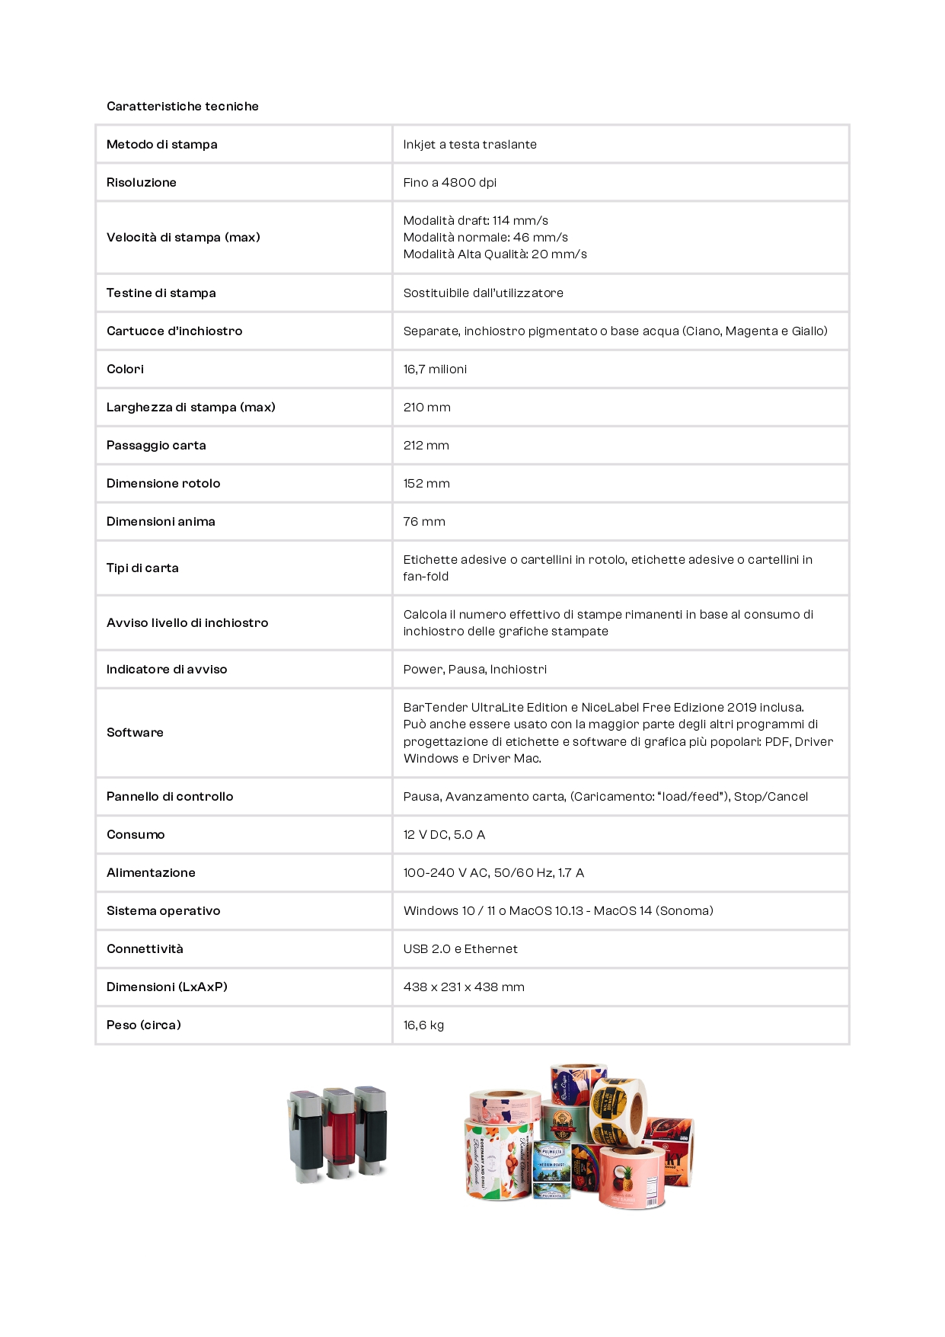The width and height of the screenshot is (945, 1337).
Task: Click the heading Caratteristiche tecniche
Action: [x=182, y=106]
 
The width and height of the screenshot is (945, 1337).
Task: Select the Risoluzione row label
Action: [x=142, y=182]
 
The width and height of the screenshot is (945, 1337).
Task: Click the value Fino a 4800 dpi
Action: [x=449, y=182]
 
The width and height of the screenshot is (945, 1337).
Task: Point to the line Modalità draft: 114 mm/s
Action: [x=475, y=220]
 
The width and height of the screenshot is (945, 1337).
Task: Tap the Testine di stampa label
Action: [x=161, y=293]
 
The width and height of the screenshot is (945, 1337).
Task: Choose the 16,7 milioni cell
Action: [x=435, y=369]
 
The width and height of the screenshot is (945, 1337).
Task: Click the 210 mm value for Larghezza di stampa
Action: [x=426, y=407]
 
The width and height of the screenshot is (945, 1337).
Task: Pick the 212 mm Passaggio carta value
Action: [x=426, y=445]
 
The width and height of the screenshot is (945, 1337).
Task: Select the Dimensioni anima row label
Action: [x=161, y=521]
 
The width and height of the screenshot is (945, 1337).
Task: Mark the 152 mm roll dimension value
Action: [x=426, y=483]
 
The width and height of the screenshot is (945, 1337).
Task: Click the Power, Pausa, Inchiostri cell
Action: [x=474, y=669]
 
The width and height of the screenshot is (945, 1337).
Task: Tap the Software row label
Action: [x=135, y=732]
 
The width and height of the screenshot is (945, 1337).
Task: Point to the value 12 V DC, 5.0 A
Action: [x=444, y=834]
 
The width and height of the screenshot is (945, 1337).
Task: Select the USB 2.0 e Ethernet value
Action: [x=460, y=948]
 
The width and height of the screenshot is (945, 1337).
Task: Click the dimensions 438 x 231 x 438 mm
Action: [x=464, y=987]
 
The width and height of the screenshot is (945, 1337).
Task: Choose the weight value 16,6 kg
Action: [x=423, y=1025]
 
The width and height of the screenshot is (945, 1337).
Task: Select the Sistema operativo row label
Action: [x=163, y=910]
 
